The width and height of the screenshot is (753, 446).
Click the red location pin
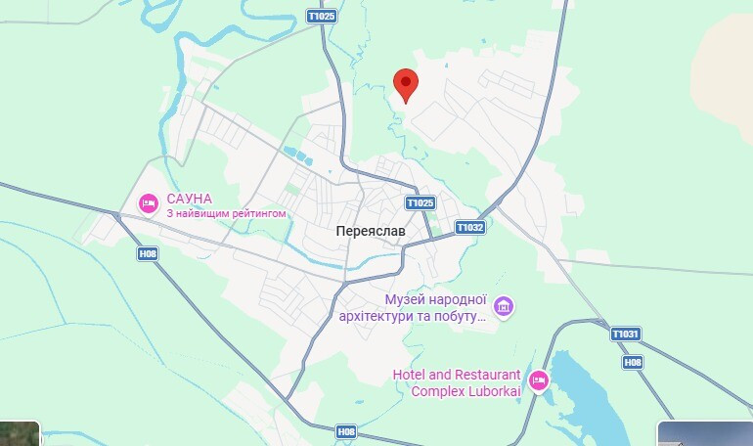(406, 85)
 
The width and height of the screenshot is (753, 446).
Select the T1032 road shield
(469, 227)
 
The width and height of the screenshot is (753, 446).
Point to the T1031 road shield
(626, 334)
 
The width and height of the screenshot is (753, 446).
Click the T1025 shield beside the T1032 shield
(420, 202)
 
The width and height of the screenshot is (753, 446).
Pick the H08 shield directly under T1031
(634, 362)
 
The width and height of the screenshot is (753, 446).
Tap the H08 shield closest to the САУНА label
(148, 253)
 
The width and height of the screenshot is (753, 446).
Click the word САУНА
(191, 197)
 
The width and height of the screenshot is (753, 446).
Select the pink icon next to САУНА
(149, 203)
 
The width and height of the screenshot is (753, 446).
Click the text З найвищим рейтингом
(226, 212)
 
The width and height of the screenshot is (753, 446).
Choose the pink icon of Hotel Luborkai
(539, 380)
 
